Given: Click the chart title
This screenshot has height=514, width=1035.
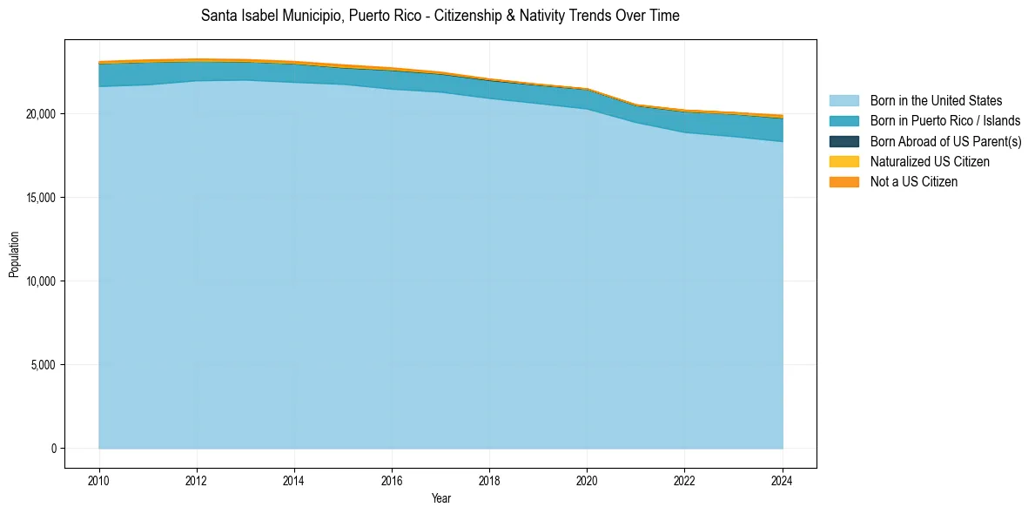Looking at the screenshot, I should click(440, 16).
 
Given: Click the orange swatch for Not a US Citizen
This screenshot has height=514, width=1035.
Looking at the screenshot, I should click(843, 182).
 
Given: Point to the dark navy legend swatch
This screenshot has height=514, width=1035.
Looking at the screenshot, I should click(843, 141).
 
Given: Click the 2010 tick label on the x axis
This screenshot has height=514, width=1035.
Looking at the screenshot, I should click(99, 479).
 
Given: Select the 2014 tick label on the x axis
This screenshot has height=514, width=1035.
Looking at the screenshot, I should click(294, 479).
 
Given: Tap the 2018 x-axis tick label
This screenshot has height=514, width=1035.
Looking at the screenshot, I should click(489, 479).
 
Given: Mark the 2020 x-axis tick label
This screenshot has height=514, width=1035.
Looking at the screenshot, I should click(587, 479).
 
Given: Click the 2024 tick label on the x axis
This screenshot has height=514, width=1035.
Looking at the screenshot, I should click(783, 479).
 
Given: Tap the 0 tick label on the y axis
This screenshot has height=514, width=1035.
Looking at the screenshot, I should click(53, 449).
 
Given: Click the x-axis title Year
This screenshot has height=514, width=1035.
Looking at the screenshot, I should click(440, 498).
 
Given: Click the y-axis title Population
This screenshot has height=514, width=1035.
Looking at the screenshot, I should click(14, 254).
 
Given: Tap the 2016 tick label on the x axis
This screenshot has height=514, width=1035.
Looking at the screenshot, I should click(392, 479).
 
